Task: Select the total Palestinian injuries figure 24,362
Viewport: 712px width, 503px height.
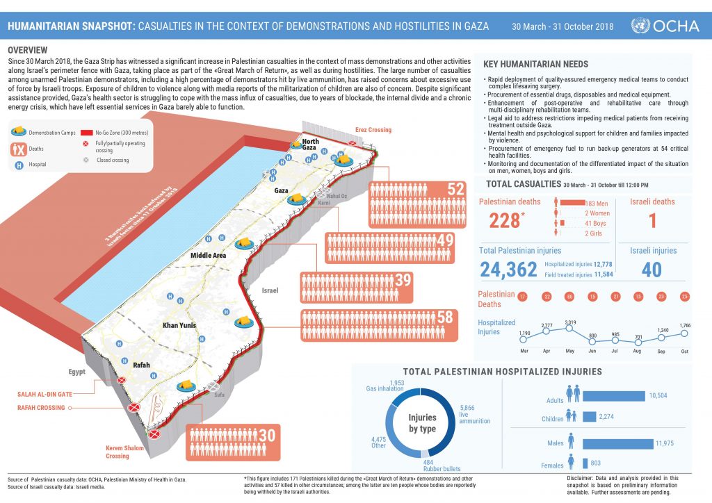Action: (x=508, y=270)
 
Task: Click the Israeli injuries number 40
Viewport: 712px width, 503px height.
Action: (x=652, y=270)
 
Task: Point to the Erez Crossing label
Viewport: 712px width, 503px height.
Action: (x=373, y=130)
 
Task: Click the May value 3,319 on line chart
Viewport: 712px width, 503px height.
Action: (x=571, y=322)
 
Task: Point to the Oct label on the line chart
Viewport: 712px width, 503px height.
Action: (x=684, y=352)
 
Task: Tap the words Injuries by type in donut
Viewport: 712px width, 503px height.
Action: (x=421, y=422)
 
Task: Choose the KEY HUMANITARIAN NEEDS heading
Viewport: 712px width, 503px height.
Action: (x=535, y=65)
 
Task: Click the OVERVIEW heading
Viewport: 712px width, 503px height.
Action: (x=27, y=50)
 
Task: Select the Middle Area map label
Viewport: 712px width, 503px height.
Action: (x=209, y=256)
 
